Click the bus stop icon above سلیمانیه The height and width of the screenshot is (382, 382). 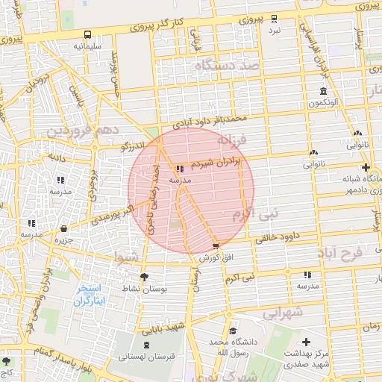coord(89,34)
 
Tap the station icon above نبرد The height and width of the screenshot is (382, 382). coord(274,19)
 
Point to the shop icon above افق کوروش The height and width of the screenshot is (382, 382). coord(216,245)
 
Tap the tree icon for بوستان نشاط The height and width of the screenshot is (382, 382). coord(144,276)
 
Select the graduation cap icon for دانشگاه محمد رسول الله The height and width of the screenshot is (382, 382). coord(233,331)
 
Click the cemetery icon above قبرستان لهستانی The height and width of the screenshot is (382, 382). coord(146,345)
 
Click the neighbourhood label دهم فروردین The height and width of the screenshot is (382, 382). coord(79,131)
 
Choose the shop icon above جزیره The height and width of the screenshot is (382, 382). coord(63,228)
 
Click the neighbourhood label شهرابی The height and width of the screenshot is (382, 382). coord(282,313)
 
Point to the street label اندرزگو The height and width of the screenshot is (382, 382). coord(134,147)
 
